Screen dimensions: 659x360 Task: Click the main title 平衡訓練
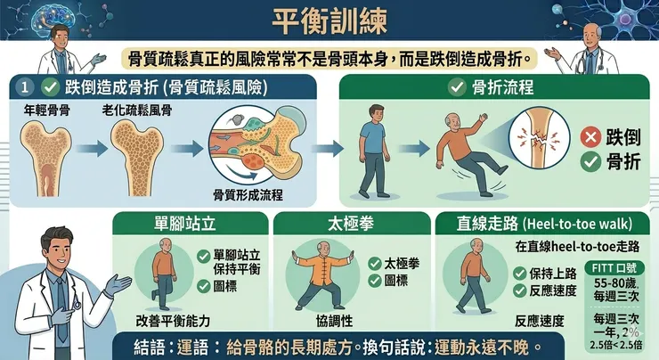pyautogui.click(x=329, y=21)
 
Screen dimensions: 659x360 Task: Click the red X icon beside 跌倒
pyautogui.click(x=590, y=137)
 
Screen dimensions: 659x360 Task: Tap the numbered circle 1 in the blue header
pyautogui.click(x=25, y=87)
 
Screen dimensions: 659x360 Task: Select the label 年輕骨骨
pyautogui.click(x=47, y=110)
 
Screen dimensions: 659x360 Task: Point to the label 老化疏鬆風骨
pyautogui.click(x=137, y=110)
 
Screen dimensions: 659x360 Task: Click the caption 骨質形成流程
pyautogui.click(x=248, y=195)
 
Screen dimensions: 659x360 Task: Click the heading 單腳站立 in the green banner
pyautogui.click(x=185, y=224)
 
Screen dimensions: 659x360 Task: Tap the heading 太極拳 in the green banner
pyautogui.click(x=351, y=224)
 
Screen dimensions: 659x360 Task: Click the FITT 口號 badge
pyautogui.click(x=614, y=268)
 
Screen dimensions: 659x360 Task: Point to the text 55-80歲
pyautogui.click(x=615, y=282)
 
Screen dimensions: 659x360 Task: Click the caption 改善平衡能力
pyautogui.click(x=173, y=321)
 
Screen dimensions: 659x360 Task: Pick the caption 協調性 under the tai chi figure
pyautogui.click(x=334, y=321)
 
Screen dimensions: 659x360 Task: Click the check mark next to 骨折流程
pyautogui.click(x=457, y=87)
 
